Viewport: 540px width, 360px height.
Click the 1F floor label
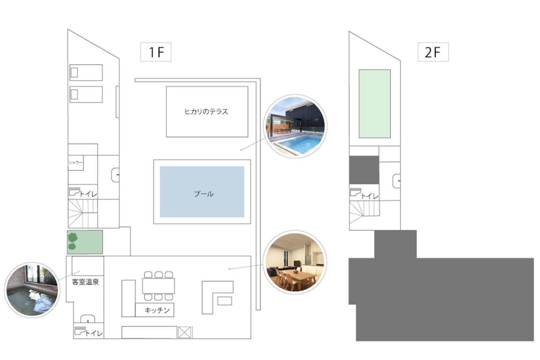tap(156, 52)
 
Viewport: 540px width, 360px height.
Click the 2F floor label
tap(433, 52)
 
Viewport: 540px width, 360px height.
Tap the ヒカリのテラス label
tap(206, 112)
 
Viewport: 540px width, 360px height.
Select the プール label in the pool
tap(204, 194)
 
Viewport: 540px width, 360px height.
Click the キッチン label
tap(157, 310)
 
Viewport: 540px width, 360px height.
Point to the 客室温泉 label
tap(85, 282)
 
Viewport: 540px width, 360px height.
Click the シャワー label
tap(75, 163)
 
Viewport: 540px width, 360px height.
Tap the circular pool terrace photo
tap(295, 127)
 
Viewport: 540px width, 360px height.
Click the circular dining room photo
tap(295, 262)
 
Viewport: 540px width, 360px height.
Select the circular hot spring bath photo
tap(32, 290)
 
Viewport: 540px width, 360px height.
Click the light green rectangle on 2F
tap(375, 104)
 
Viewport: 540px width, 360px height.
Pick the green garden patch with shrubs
tap(85, 242)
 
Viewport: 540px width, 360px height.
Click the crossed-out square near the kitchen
tap(184, 332)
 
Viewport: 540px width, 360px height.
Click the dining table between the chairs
tap(158, 285)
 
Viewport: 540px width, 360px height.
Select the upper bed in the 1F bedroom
tap(86, 72)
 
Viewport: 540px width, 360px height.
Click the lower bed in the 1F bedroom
tap(86, 94)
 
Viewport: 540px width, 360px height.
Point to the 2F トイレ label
tap(370, 196)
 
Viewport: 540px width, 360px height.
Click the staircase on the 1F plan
tap(82, 214)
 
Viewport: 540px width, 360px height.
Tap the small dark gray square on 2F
tap(364, 170)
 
